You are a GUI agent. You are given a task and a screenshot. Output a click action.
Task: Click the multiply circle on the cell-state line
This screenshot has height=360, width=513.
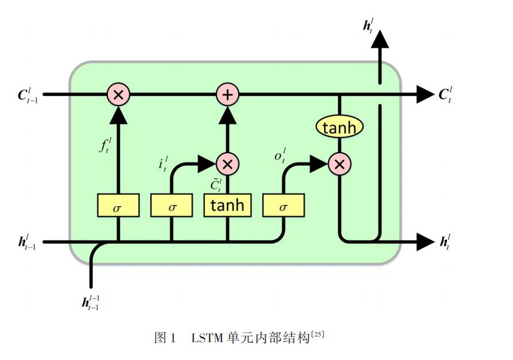coord(118,94)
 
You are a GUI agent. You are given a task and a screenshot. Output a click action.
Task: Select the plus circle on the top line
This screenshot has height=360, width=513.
coord(227,94)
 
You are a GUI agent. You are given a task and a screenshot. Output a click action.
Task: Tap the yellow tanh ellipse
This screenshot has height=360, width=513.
coord(340,127)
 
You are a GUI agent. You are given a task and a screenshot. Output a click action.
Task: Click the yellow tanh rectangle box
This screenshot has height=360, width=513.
coord(227,205)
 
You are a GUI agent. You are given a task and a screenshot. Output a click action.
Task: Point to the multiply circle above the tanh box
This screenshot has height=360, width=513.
coord(227,164)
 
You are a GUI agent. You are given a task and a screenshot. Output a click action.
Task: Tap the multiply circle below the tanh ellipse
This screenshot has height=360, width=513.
coord(340,165)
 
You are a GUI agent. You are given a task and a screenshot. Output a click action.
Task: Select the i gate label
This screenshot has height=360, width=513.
coord(163,164)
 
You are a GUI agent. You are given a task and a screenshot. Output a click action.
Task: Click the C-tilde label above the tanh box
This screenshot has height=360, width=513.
coord(215,185)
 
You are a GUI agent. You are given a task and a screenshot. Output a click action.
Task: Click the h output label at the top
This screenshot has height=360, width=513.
coord(368,25)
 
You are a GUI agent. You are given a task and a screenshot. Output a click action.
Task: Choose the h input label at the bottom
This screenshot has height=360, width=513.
coord(91,301)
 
